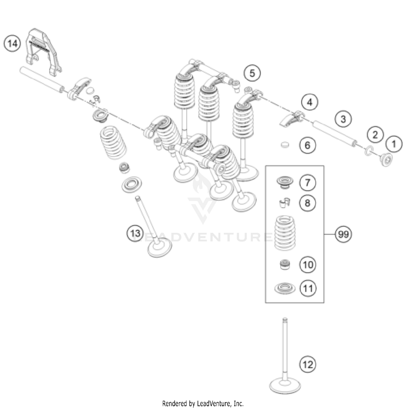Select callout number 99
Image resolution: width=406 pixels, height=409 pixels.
(343, 234)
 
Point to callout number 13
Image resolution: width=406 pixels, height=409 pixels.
(135, 233)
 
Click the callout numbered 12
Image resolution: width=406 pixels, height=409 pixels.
(308, 364)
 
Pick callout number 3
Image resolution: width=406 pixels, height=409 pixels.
(343, 119)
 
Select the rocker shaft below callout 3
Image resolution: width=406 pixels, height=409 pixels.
(334, 134)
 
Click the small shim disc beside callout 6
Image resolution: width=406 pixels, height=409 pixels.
(284, 145)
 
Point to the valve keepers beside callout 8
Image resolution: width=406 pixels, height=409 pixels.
(284, 203)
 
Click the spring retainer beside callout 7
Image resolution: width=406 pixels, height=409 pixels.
(284, 182)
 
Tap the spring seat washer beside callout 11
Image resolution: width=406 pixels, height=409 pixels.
(284, 288)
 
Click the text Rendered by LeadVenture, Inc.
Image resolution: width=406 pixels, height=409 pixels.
(203, 404)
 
